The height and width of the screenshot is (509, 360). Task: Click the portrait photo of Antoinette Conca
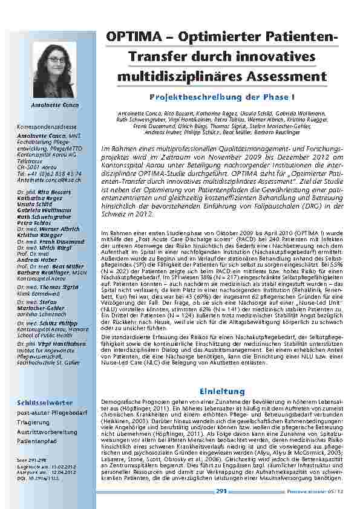(x=55, y=70)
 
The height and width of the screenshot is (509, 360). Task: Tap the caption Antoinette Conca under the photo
(x=54, y=105)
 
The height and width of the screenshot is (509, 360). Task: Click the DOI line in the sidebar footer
(x=36, y=478)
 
